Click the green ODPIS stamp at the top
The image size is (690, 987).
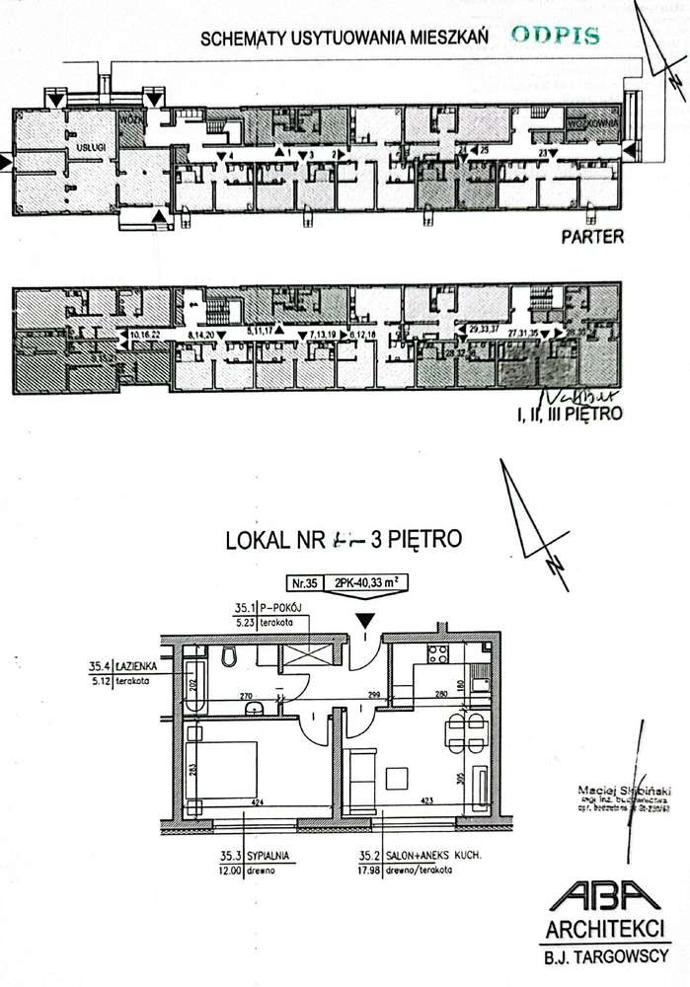(x=556, y=37)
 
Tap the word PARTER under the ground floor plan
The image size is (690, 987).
(x=591, y=237)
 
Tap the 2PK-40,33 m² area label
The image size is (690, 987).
(x=366, y=582)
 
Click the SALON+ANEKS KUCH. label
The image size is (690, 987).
(x=412, y=857)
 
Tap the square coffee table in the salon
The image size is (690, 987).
(x=400, y=777)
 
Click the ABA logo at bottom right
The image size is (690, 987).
(x=604, y=899)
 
